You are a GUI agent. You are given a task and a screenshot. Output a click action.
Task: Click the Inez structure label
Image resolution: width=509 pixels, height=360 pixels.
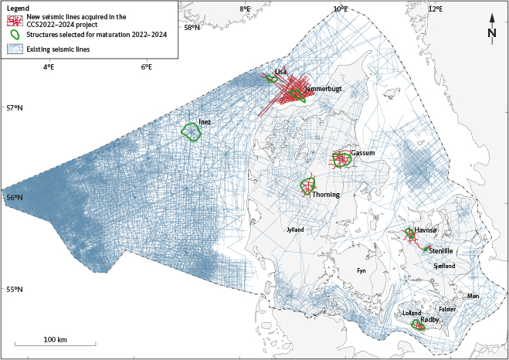pyautogui.click(x=205, y=122)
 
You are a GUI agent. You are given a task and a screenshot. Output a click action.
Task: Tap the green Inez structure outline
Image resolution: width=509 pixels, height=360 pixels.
pyautogui.click(x=191, y=132)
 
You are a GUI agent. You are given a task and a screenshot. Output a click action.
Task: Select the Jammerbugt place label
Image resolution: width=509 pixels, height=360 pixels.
pyautogui.click(x=323, y=90)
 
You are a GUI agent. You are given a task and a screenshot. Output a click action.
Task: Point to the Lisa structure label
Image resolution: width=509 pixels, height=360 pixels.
pyautogui.click(x=280, y=72)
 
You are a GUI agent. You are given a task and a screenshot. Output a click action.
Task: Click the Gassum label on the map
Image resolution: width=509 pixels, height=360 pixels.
pyautogui.click(x=363, y=154)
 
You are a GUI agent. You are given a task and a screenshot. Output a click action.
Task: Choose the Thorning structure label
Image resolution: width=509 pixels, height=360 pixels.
pyautogui.click(x=326, y=195)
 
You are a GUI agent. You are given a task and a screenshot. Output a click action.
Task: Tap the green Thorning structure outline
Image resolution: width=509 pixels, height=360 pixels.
pyautogui.click(x=309, y=186)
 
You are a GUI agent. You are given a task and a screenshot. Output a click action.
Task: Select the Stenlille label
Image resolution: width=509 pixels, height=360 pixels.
pyautogui.click(x=443, y=251)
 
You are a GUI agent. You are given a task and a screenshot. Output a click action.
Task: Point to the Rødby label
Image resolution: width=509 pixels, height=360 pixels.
pyautogui.click(x=430, y=320)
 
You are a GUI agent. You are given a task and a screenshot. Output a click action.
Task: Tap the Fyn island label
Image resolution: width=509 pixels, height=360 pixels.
pyautogui.click(x=361, y=270)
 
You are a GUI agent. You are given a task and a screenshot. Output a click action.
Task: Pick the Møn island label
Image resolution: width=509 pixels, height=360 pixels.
pyautogui.click(x=473, y=296)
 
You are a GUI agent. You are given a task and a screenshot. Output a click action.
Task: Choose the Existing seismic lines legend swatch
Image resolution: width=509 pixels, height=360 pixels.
pyautogui.click(x=15, y=48)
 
